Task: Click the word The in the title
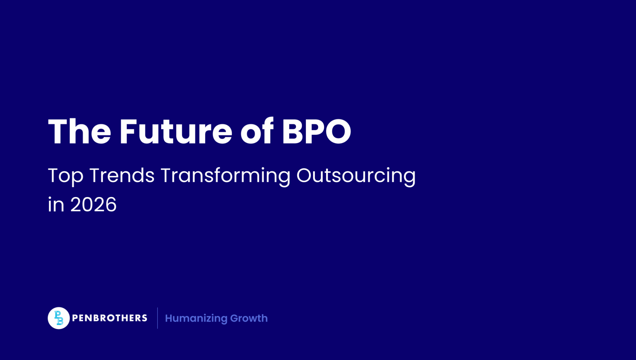79,132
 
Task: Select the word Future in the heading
176,132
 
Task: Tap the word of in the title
257,132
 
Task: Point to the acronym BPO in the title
316,132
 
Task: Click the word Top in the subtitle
66,176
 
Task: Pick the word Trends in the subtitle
122,175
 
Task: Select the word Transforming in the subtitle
225,176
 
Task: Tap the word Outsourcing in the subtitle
356,176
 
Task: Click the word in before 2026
56,205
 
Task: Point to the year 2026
93,205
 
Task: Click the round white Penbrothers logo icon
58,318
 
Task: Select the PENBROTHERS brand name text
110,318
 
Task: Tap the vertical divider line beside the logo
157,318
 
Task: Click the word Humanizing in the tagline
196,318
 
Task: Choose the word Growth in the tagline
249,318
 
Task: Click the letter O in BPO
337,132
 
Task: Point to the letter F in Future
128,132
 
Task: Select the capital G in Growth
234,318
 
